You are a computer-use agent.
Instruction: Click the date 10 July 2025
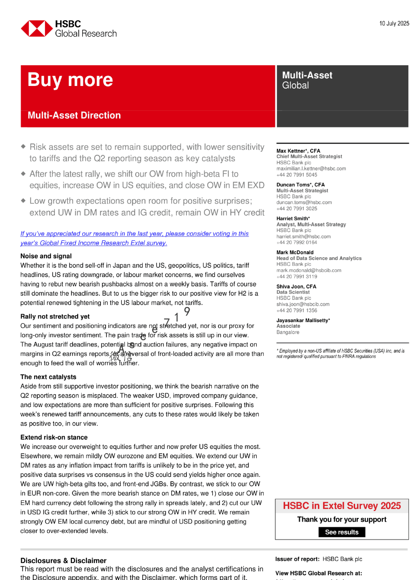(x=394, y=23)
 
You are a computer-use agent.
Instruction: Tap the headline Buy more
(x=70, y=80)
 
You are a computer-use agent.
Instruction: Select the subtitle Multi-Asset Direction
(x=74, y=115)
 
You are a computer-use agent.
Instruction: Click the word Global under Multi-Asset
(x=295, y=86)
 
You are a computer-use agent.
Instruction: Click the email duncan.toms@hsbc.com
(x=304, y=202)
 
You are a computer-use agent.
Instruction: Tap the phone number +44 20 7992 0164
(x=296, y=242)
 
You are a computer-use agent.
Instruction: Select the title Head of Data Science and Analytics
(x=319, y=258)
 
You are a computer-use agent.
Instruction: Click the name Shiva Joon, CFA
(x=296, y=287)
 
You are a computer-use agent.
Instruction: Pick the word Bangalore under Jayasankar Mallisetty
(x=288, y=332)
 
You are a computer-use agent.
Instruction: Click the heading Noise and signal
(x=46, y=256)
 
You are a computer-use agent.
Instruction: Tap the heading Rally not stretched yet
(x=55, y=317)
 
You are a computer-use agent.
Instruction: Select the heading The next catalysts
(x=48, y=377)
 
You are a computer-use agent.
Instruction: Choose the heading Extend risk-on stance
(x=54, y=437)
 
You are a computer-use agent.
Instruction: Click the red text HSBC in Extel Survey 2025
(x=342, y=506)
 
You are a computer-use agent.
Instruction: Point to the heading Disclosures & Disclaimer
(x=63, y=561)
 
